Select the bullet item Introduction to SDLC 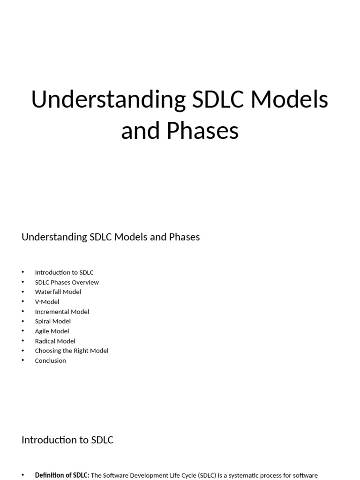click(x=64, y=272)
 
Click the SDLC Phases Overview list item click(x=67, y=282)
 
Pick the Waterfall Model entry click(x=58, y=292)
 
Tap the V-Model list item click(x=47, y=301)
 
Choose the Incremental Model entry click(x=62, y=311)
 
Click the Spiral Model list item click(x=52, y=321)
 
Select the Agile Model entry click(x=52, y=331)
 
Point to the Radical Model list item click(x=55, y=341)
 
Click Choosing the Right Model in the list click(x=71, y=351)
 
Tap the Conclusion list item click(x=50, y=360)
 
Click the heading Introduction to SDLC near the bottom click(x=67, y=440)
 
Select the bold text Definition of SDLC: click(x=62, y=475)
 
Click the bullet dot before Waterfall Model click(x=22, y=292)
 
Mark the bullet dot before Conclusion click(x=22, y=360)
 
